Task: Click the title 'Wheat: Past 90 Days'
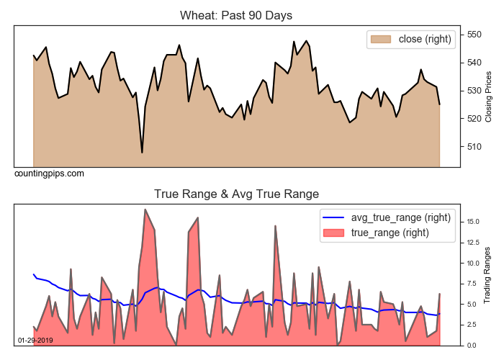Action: coord(235,15)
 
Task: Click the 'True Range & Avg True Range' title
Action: coord(236,194)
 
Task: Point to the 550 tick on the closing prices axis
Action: coord(474,35)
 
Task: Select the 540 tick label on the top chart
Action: coord(474,63)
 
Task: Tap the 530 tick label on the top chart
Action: coord(474,91)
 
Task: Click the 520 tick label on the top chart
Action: coord(474,119)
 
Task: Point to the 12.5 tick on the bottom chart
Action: coord(472,243)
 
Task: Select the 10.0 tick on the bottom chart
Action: coord(472,264)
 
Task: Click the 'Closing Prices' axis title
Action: coord(489,96)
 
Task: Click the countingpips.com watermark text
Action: coord(49,174)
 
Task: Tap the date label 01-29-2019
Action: coord(35,340)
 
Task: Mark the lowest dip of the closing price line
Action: coord(142,153)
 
